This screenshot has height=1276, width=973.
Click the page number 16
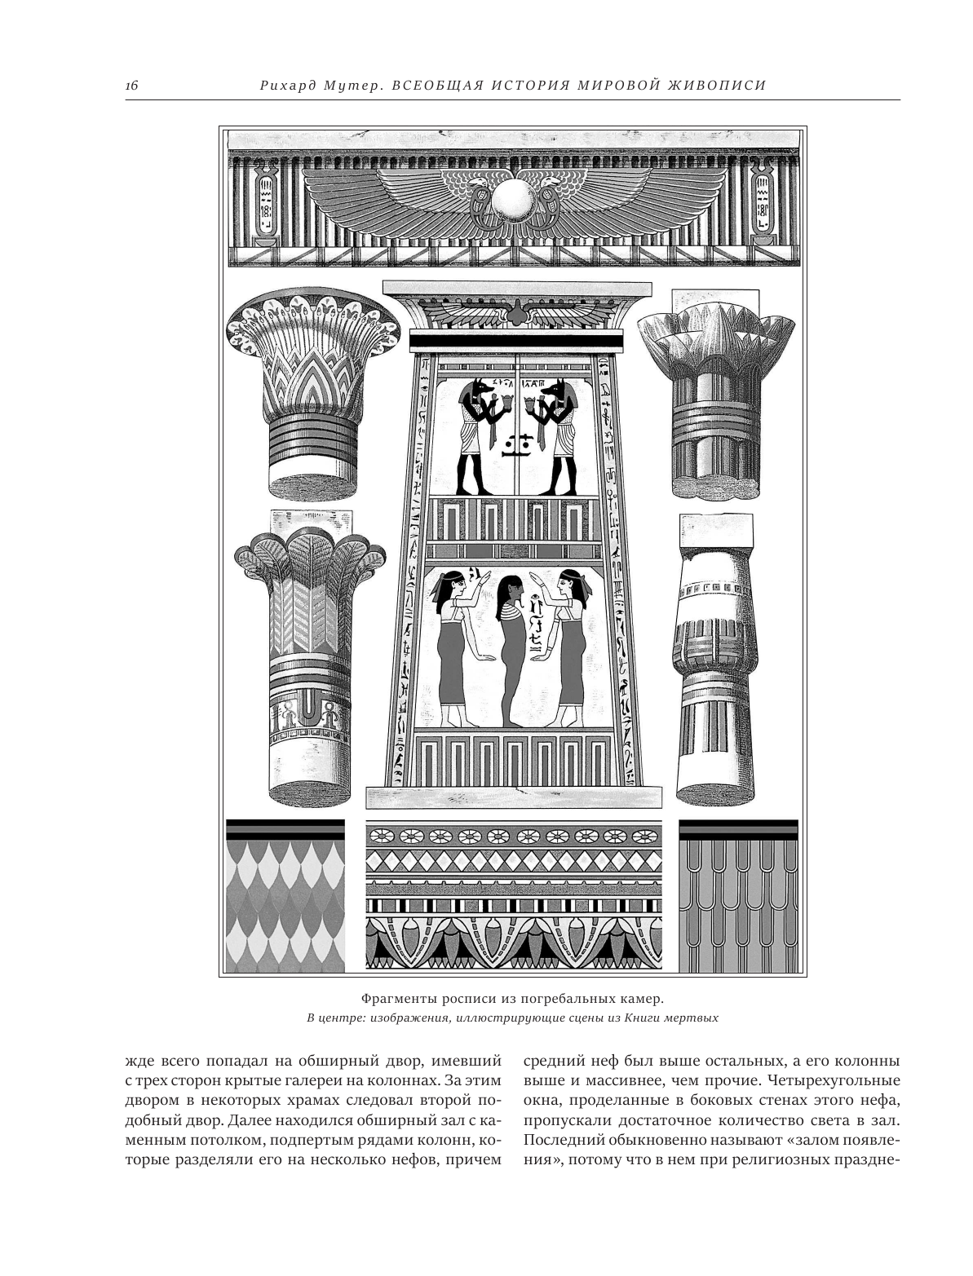coord(133,85)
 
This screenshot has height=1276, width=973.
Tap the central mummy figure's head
coord(511,588)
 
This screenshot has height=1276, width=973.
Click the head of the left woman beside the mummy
coord(453,582)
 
